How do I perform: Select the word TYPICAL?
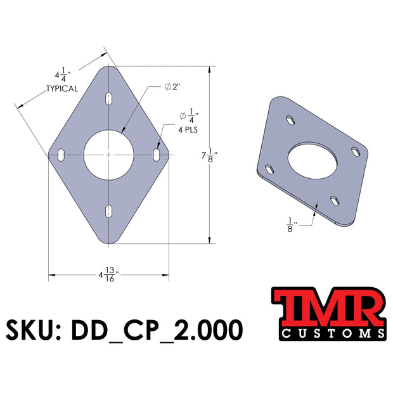point(61,89)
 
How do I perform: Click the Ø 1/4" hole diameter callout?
point(190,116)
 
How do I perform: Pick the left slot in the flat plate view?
point(61,154)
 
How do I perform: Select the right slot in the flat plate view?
point(157,154)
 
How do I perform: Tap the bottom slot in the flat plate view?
point(109,210)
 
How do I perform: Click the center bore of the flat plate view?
point(109,154)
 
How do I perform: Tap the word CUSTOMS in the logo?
point(328,333)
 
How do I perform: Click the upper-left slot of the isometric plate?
point(289,119)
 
